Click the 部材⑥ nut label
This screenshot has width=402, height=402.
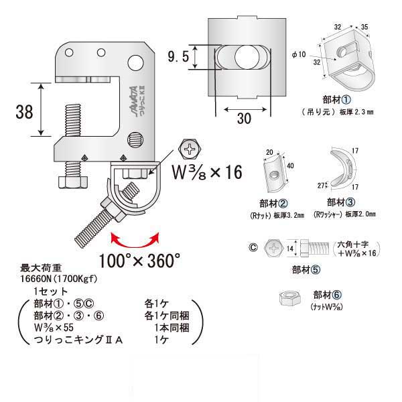328,294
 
